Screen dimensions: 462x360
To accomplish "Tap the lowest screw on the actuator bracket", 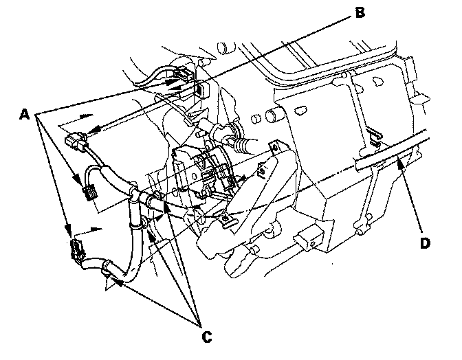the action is [x=227, y=219].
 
